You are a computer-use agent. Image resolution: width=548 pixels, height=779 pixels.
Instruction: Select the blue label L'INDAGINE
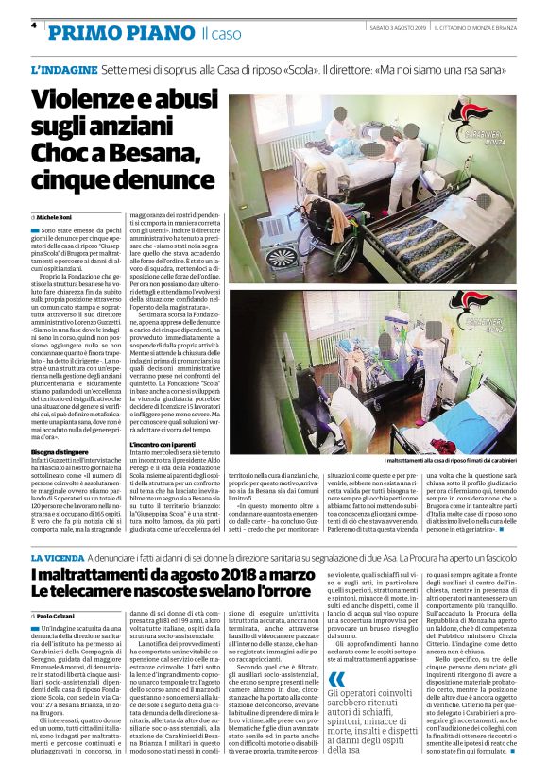click(x=63, y=71)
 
